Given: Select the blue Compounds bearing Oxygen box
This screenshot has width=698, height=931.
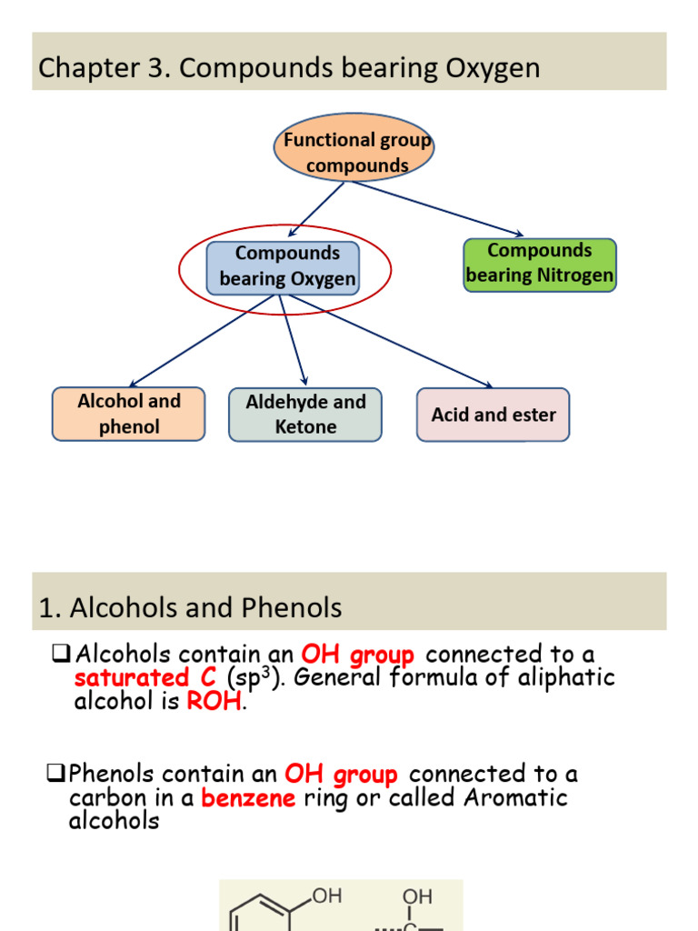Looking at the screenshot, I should [x=284, y=267].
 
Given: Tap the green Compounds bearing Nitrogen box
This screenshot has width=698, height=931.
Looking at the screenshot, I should [x=540, y=265].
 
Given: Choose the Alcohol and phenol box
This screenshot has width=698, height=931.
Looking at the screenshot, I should [x=128, y=415].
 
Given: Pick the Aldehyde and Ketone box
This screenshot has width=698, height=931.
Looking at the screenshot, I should [x=305, y=415].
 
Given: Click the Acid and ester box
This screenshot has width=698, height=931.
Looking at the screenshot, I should [x=494, y=415].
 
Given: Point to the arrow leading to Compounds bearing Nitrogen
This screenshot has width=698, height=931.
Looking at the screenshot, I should [x=436, y=208].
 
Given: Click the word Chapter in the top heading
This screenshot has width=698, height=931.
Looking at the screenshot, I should [x=78, y=67].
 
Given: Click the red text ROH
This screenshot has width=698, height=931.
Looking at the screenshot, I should [x=214, y=702].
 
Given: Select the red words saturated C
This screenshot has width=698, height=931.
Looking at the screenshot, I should [x=145, y=678].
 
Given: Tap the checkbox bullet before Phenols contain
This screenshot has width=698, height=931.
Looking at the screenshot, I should [x=55, y=775].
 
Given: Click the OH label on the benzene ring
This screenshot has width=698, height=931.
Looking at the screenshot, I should [x=327, y=897].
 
